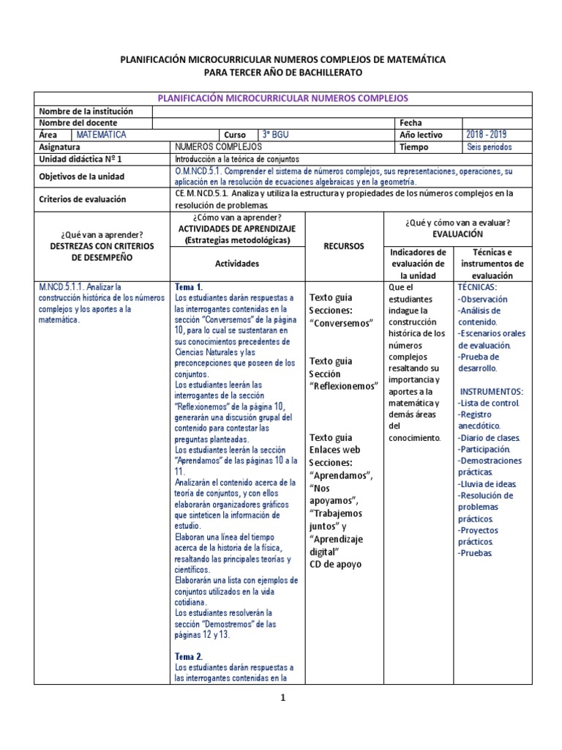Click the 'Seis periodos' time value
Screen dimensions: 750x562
pyautogui.click(x=489, y=146)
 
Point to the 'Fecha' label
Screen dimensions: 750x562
pyautogui.click(x=411, y=123)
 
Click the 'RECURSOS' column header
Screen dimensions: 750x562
pyautogui.click(x=344, y=247)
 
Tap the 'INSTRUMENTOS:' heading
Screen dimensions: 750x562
pyautogui.click(x=490, y=392)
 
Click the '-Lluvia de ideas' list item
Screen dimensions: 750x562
pyautogui.click(x=487, y=483)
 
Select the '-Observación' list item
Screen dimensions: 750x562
pyautogui.click(x=482, y=299)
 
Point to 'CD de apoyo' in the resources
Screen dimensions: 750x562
pyautogui.click(x=335, y=564)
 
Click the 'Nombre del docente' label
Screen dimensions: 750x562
pyautogui.click(x=78, y=123)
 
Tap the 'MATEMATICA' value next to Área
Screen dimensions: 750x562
pyautogui.click(x=100, y=135)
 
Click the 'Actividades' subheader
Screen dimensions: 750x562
pyautogui.click(x=237, y=263)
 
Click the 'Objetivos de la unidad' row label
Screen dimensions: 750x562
pyautogui.click(x=81, y=177)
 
